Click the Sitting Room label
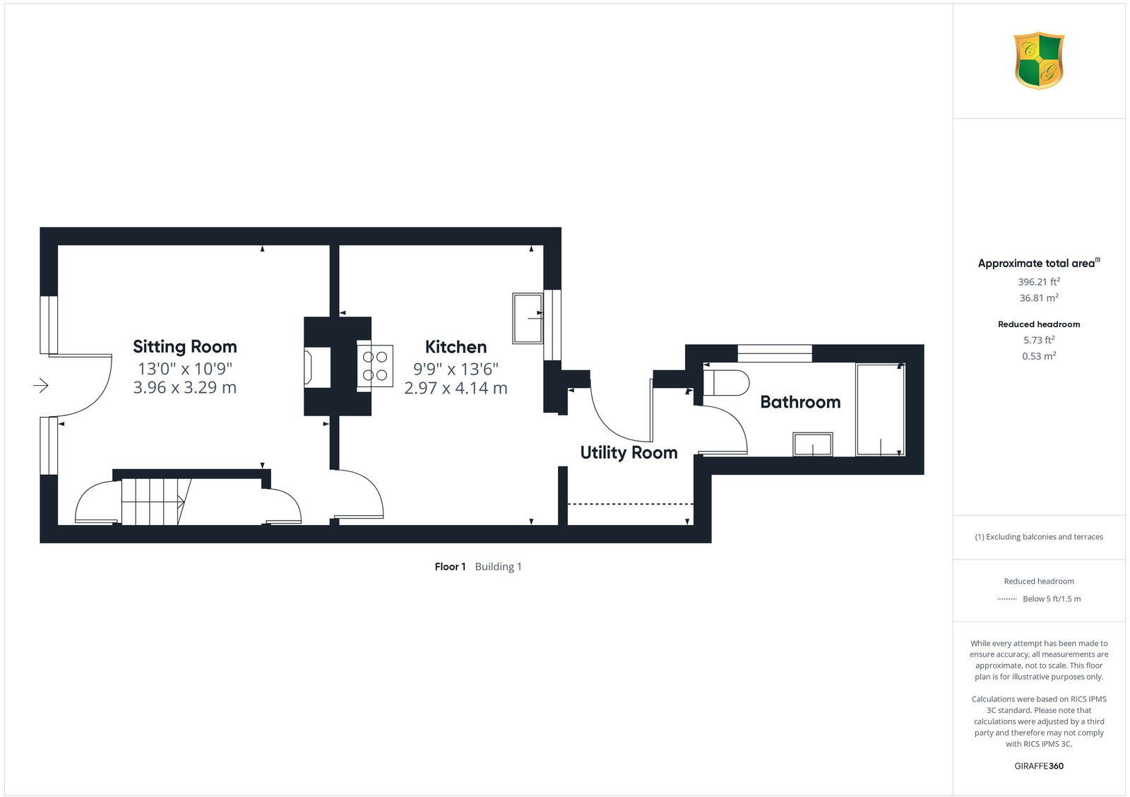tap(185, 346)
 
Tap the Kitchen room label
tap(456, 347)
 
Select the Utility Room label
tap(629, 452)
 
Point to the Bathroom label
tap(800, 402)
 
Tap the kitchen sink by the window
tap(528, 319)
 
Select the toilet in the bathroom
tap(726, 382)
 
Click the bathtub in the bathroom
tap(880, 410)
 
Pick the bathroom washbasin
tap(812, 444)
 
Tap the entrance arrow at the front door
tap(40, 385)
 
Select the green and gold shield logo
tap(1038, 61)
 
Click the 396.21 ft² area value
tap(1038, 281)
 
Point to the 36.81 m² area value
tap(1038, 298)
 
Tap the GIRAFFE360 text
tap(1038, 766)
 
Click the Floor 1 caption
tap(450, 567)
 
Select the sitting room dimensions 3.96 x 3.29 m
tap(185, 387)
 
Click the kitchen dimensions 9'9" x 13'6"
tap(456, 368)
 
